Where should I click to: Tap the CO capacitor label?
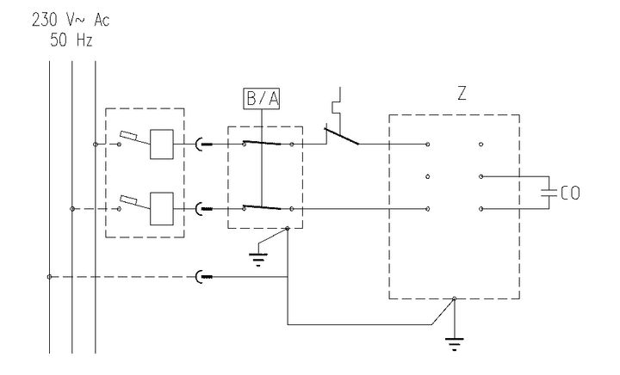click(x=569, y=194)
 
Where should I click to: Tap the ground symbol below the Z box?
click(x=452, y=344)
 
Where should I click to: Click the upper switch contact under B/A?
click(x=263, y=143)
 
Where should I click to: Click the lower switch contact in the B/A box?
click(x=263, y=206)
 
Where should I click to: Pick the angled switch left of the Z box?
click(x=342, y=135)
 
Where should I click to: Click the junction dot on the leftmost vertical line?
click(x=49, y=276)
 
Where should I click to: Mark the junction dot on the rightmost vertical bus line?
click(x=95, y=144)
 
